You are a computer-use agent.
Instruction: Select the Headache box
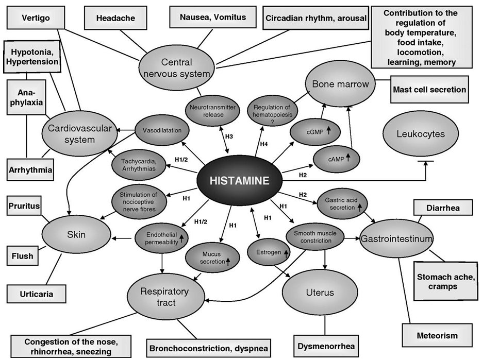tap(115, 18)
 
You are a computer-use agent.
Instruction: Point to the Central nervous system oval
tap(177, 68)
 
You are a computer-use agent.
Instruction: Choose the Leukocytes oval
tap(421, 133)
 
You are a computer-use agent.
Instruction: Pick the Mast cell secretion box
tap(429, 90)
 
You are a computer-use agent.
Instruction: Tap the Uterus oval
tap(320, 293)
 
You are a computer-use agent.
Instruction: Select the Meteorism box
tap(437, 336)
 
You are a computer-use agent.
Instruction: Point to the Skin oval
tap(76, 235)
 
